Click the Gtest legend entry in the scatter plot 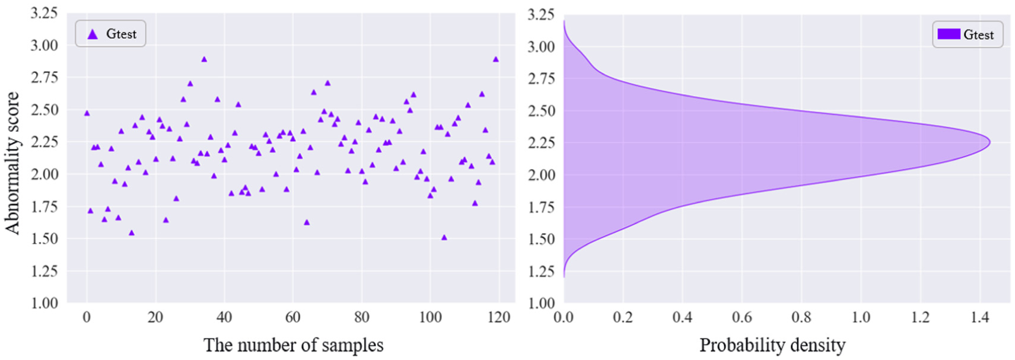[x=111, y=34]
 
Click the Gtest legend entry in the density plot [x=967, y=34]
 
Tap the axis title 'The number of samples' [x=293, y=345]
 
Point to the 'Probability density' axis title [x=772, y=345]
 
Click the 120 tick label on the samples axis [x=499, y=317]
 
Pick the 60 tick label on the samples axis [x=293, y=317]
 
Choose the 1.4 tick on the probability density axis [x=980, y=317]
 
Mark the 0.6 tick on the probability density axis [x=742, y=317]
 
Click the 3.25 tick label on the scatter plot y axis [x=44, y=13]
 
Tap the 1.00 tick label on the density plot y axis [x=541, y=303]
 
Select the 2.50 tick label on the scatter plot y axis [x=44, y=110]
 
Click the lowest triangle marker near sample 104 [x=444, y=237]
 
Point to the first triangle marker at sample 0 [x=87, y=113]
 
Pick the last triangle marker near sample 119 [x=496, y=59]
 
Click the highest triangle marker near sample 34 [x=204, y=59]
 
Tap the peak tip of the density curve [x=989, y=142]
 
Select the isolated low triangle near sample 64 [x=307, y=222]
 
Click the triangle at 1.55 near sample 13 [x=132, y=232]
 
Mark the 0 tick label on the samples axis [x=87, y=317]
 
